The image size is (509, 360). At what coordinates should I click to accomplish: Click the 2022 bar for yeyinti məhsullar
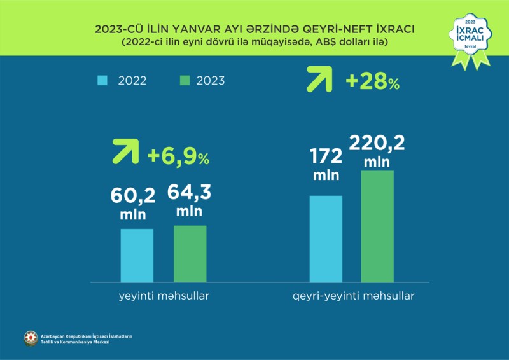click(137, 255)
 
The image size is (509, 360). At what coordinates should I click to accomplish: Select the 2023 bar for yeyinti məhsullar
click(190, 253)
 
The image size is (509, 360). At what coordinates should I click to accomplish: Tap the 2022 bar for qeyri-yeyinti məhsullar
click(326, 239)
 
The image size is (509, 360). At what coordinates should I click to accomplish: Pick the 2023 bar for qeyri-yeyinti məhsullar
click(377, 226)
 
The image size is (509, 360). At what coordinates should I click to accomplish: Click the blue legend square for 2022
click(102, 81)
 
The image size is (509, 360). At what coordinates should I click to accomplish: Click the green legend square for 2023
click(185, 81)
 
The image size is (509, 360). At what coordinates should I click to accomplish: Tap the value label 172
click(326, 156)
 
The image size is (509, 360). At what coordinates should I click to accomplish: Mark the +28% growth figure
click(373, 81)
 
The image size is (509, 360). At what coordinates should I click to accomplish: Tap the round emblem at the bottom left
click(30, 338)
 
